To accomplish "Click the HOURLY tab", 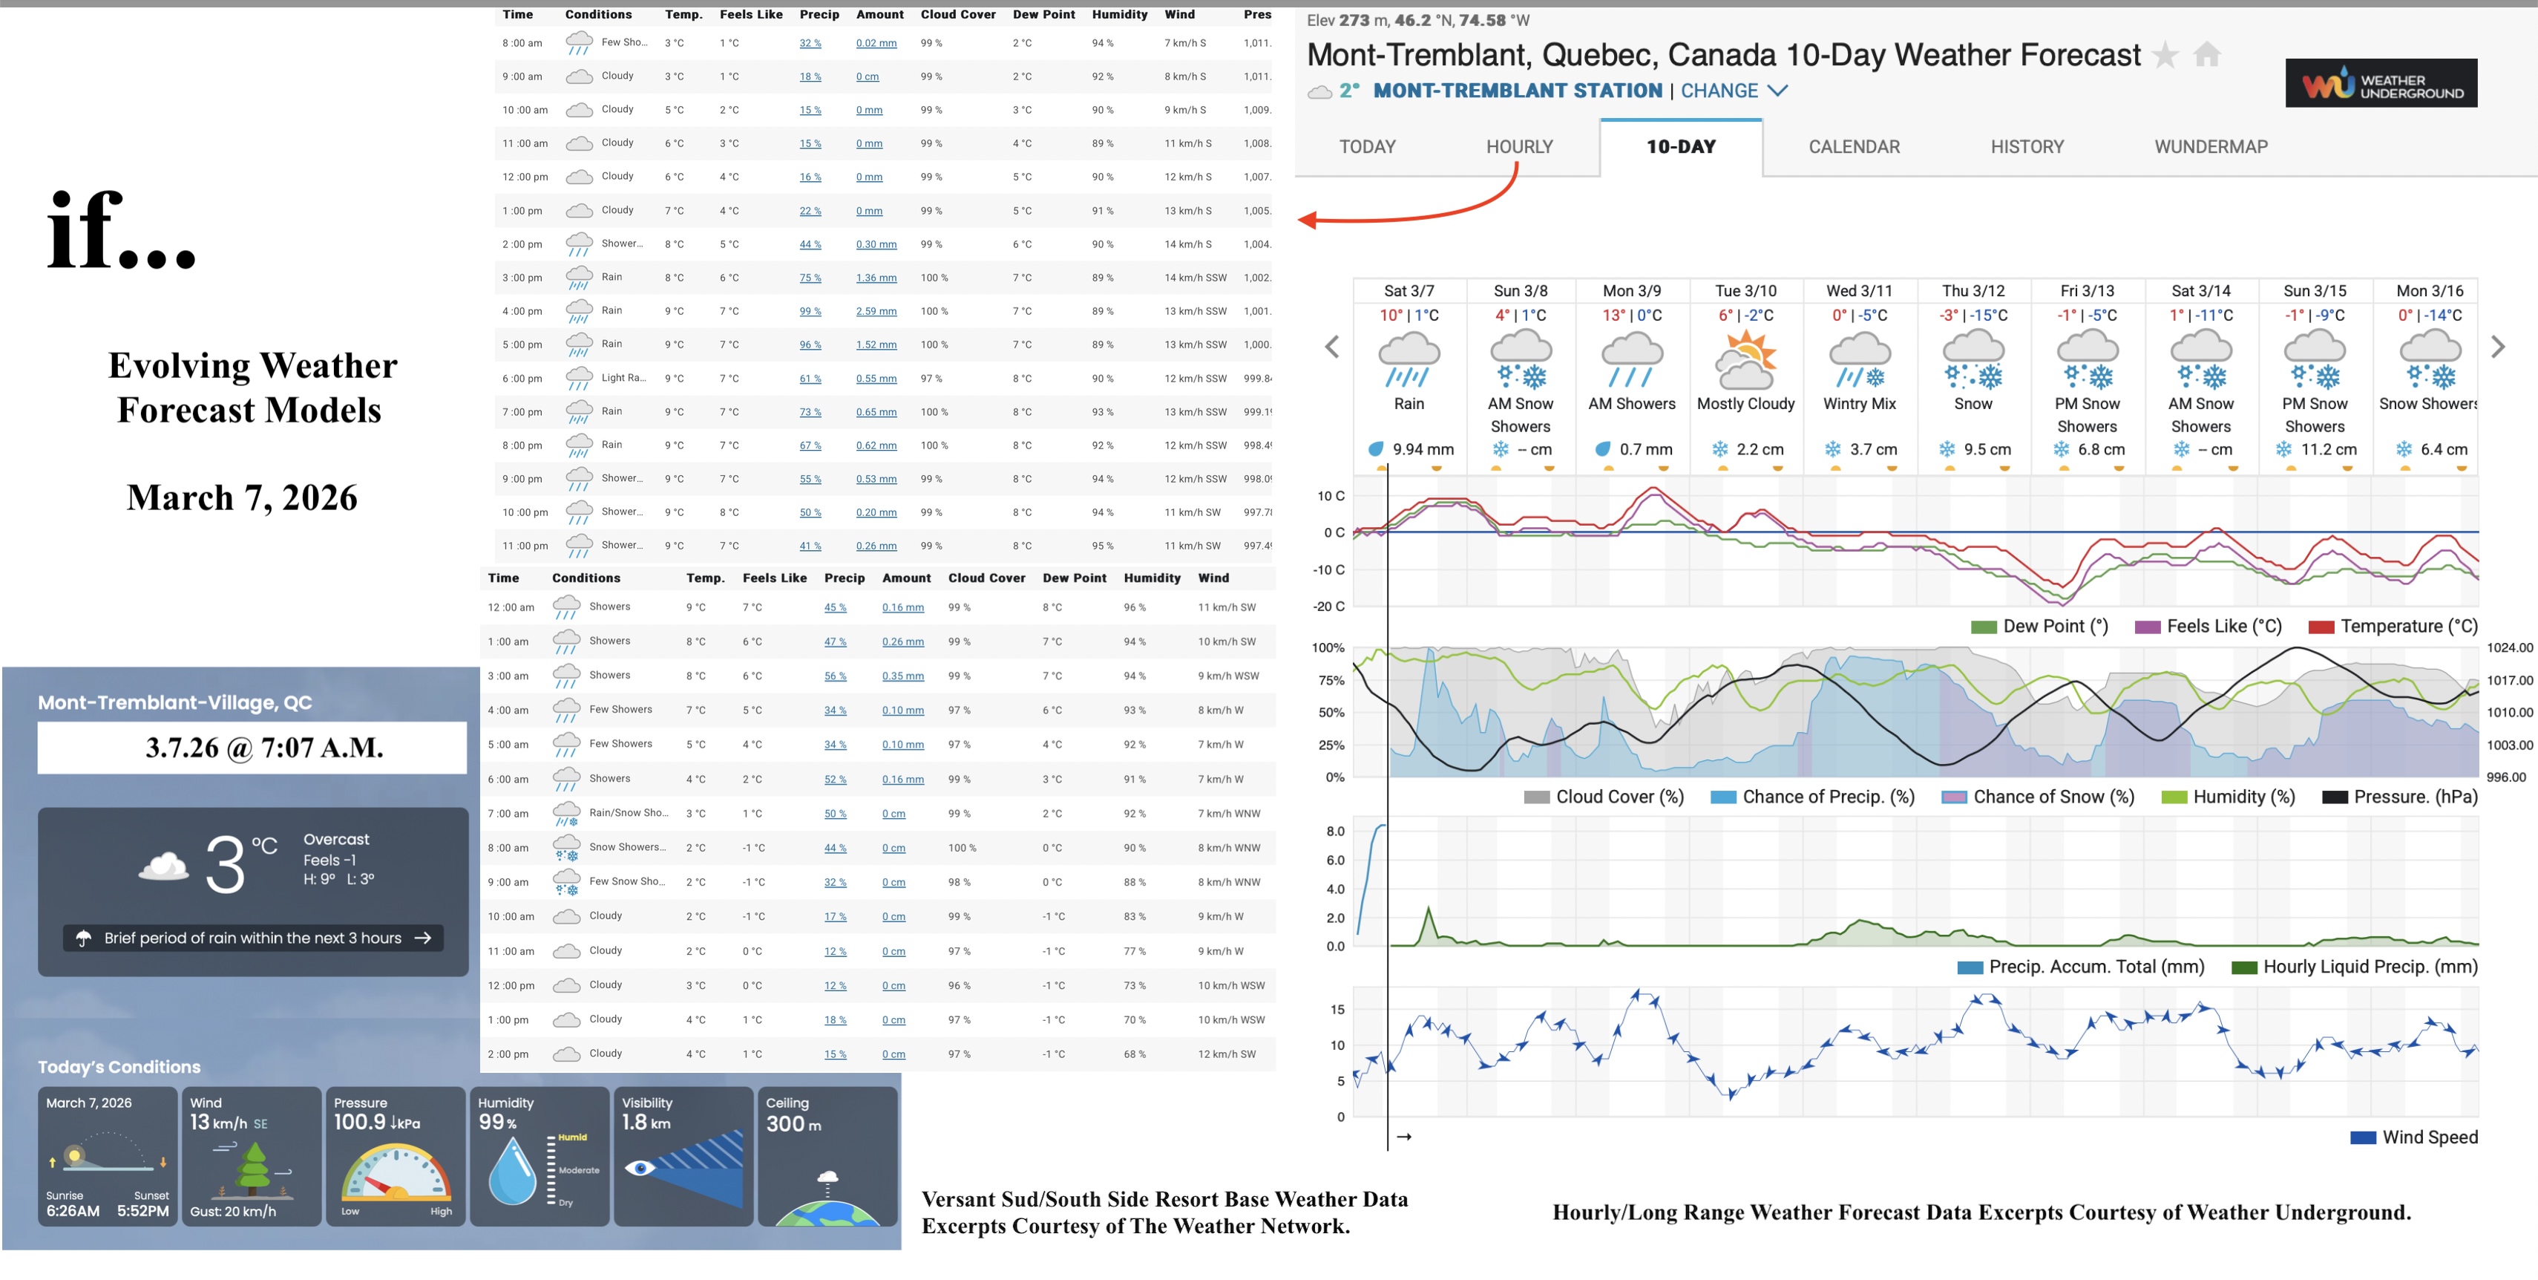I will tap(1518, 147).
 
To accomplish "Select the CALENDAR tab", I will tap(1853, 147).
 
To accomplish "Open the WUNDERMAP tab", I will tap(2210, 147).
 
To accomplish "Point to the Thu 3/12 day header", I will tap(1973, 291).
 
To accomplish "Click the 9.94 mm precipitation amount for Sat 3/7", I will tap(1422, 449).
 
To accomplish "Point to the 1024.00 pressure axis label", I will tap(2508, 647).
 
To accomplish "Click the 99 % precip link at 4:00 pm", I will tap(810, 311).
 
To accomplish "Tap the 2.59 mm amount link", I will tap(876, 311).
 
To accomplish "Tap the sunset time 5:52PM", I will tap(143, 1211).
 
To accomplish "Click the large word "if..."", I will tap(121, 232).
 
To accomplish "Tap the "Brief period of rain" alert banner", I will tap(253, 938).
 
